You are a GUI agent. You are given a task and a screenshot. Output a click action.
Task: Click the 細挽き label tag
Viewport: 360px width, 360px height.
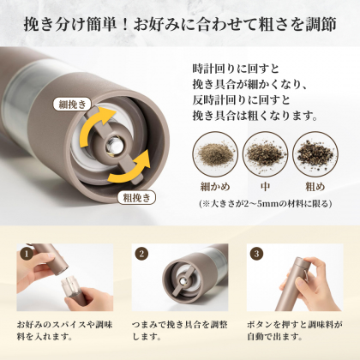pos(72,105)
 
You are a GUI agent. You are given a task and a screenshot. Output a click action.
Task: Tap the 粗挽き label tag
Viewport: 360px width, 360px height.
pos(136,197)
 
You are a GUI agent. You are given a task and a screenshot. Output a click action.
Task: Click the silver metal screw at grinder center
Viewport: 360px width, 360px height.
pos(114,146)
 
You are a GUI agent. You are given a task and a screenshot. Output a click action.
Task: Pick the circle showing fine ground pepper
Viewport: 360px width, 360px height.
pos(215,154)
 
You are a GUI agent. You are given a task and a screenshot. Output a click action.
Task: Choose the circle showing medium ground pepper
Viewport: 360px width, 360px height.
pos(265,154)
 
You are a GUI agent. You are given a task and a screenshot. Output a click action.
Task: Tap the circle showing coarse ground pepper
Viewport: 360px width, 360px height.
pos(315,154)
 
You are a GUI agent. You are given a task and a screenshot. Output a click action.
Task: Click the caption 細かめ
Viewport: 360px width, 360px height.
pos(215,187)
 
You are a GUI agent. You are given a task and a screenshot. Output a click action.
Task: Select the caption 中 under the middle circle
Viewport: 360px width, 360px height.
pos(265,187)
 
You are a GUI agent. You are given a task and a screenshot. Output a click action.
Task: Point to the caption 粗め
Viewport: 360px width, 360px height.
pos(315,187)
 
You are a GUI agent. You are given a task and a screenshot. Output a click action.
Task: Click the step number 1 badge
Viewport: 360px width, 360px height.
pos(27,254)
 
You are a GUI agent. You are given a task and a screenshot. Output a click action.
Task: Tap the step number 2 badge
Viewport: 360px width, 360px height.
pos(141,254)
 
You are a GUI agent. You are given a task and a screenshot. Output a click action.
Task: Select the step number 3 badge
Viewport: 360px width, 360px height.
pos(256,254)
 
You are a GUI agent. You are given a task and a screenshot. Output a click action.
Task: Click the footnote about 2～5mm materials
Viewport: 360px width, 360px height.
pos(266,203)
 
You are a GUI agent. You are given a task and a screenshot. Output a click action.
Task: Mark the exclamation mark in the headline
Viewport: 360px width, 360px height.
pos(124,25)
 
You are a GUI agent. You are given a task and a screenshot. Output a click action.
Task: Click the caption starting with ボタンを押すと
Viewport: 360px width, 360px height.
pos(295,331)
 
